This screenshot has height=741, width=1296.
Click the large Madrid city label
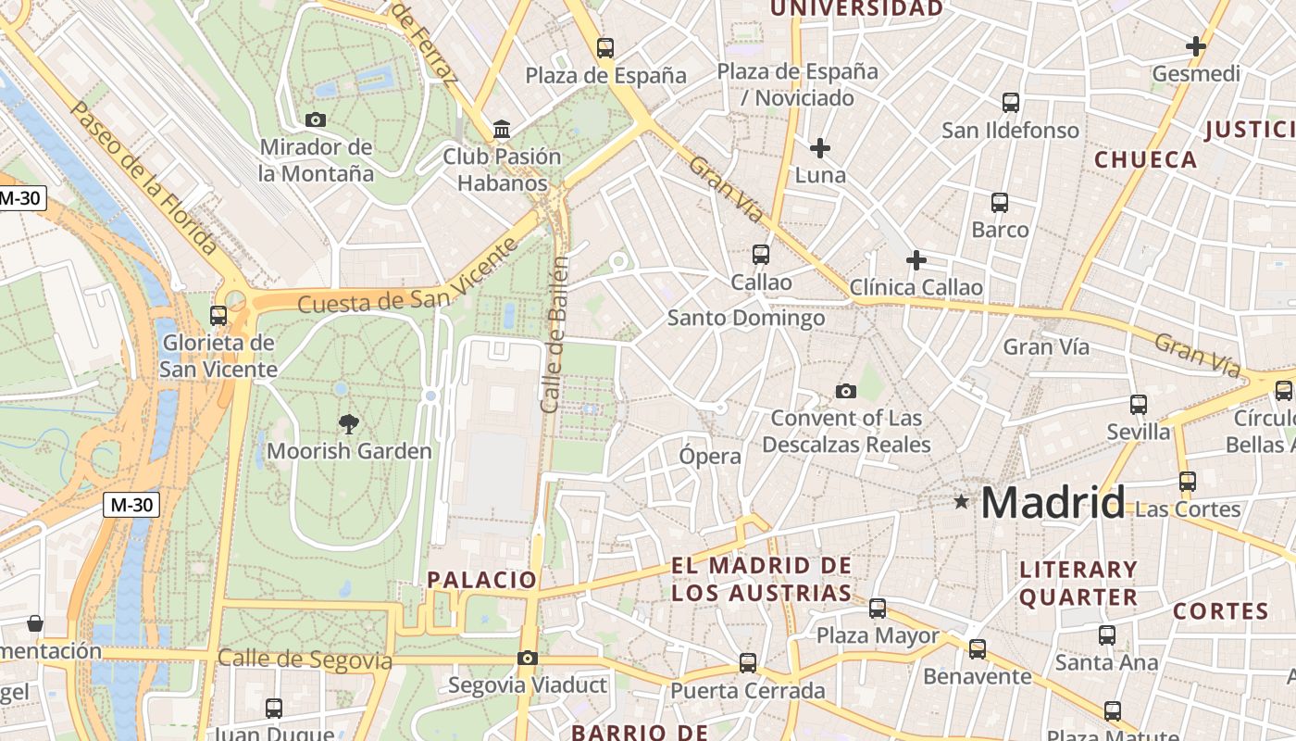[1053, 502]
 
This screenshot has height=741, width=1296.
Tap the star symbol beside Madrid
[962, 502]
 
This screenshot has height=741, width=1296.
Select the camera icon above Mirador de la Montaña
[316, 119]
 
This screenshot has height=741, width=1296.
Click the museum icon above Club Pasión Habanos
[502, 129]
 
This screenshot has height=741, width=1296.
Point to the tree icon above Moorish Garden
[348, 424]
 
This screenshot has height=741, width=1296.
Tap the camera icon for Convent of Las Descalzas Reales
[845, 391]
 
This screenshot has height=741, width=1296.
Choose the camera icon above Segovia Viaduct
[527, 659]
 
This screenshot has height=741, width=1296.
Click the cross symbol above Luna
[819, 147]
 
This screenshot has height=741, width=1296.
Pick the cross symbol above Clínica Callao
[916, 260]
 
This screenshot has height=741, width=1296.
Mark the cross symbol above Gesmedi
[1195, 46]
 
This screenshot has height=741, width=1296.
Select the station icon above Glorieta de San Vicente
[218, 316]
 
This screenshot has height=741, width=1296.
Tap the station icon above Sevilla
[1139, 405]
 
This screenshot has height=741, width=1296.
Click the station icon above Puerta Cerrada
[748, 663]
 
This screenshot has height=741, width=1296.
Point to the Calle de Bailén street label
[554, 333]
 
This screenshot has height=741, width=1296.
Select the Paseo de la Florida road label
[143, 178]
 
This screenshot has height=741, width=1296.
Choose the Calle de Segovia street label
[305, 659]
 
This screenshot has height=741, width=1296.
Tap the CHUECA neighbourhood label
[1146, 159]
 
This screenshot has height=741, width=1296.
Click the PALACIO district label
[481, 580]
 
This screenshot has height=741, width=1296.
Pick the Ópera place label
[710, 456]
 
